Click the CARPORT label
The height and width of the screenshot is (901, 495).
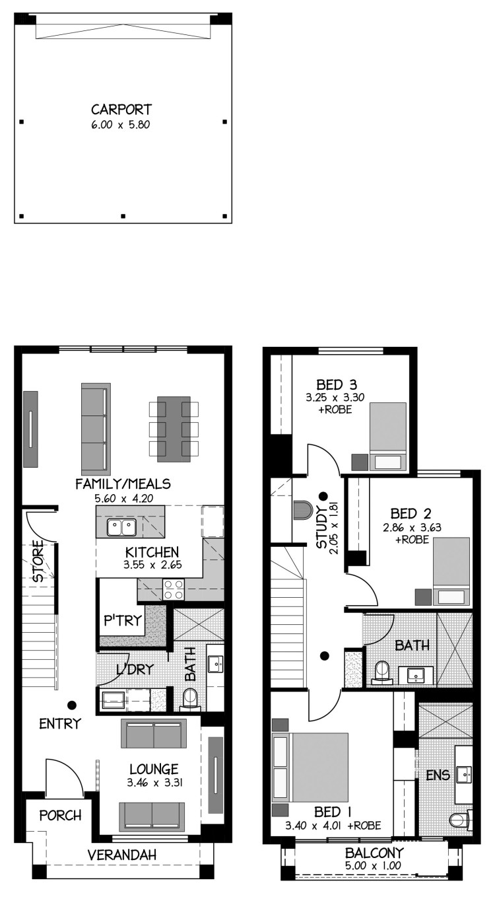[x=121, y=110]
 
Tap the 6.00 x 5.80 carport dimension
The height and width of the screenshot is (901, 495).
[x=121, y=125]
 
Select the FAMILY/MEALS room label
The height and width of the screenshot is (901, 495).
[x=123, y=484]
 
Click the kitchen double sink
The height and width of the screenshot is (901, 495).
[x=121, y=527]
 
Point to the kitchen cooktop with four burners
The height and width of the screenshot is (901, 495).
[x=173, y=589]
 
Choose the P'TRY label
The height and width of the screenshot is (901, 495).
[x=123, y=621]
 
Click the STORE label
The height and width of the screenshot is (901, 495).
[x=38, y=561]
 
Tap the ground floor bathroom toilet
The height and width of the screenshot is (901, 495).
[x=189, y=700]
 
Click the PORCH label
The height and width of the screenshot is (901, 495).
[x=60, y=816]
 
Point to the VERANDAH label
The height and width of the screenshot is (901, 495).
[x=121, y=855]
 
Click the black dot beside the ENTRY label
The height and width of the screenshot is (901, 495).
[x=73, y=705]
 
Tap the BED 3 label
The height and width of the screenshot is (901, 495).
[x=337, y=385]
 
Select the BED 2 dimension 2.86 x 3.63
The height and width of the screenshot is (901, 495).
[x=412, y=527]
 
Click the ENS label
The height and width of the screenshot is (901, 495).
[x=438, y=775]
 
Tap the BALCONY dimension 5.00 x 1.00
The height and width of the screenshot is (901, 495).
[x=373, y=865]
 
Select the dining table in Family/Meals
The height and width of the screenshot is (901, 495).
[x=174, y=429]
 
